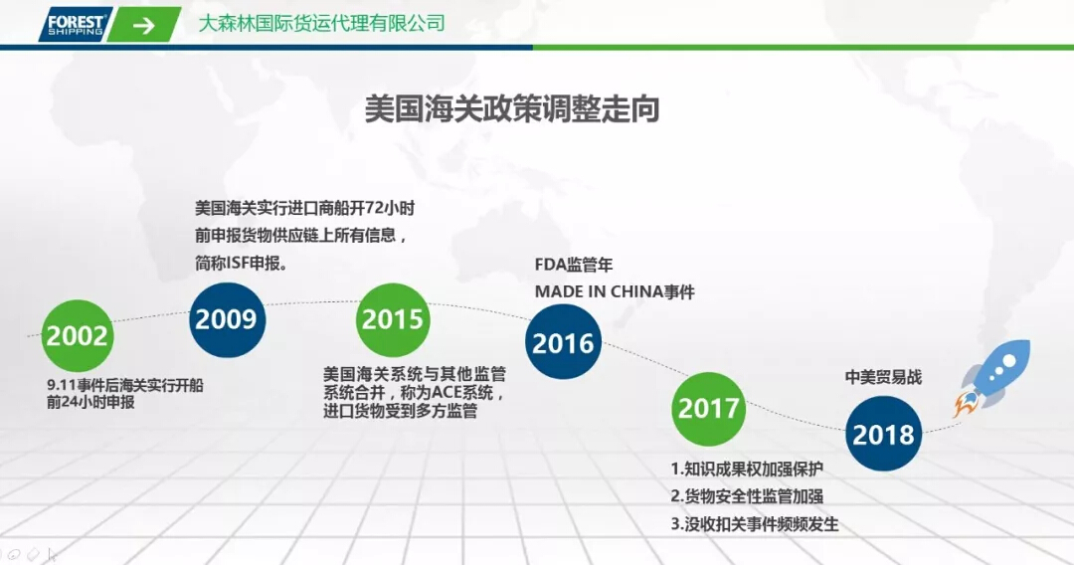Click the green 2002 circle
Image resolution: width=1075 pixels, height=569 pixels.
click(x=77, y=335)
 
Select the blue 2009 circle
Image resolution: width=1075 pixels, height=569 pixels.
click(x=226, y=319)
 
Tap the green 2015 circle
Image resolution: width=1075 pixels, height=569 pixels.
click(x=393, y=319)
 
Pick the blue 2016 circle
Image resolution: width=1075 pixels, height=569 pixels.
click(x=563, y=343)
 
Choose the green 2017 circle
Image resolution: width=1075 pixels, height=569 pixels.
click(x=709, y=408)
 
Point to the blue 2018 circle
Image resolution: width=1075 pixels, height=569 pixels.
click(x=883, y=435)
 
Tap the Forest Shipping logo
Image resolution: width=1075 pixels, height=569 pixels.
click(x=76, y=24)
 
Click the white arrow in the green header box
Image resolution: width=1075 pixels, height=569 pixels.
click(x=144, y=25)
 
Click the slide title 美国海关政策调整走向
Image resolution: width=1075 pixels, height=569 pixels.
click(x=513, y=108)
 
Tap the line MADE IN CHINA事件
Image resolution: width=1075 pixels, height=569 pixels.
click(x=615, y=291)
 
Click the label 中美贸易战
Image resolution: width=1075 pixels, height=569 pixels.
click(x=883, y=377)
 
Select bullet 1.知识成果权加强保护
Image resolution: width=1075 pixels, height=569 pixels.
click(x=747, y=469)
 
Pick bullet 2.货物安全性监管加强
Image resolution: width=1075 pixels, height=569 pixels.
click(x=747, y=496)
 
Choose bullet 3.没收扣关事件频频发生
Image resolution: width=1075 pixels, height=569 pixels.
click(x=755, y=524)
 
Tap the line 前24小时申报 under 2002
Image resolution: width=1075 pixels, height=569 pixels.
click(x=90, y=403)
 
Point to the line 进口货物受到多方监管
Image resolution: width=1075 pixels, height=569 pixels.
click(x=400, y=411)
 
